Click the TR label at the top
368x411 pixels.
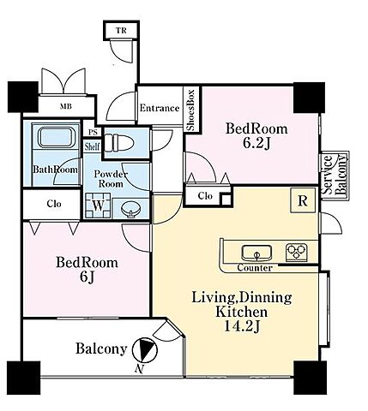click(121, 30)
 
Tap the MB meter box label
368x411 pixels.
click(66, 107)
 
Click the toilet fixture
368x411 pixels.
click(118, 142)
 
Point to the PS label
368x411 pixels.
click(93, 133)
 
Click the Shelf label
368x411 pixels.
click(92, 146)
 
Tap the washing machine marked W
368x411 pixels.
click(98, 205)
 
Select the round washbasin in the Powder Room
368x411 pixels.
click(130, 210)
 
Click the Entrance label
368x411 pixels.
click(160, 108)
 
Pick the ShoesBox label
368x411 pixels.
click(190, 110)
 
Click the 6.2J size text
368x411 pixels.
click(256, 144)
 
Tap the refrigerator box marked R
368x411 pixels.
click(303, 200)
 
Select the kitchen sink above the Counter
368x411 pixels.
click(256, 253)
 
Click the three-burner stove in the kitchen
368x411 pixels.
click(297, 253)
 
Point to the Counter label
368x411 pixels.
click(255, 268)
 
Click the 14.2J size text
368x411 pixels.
click(241, 327)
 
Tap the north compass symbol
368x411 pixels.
click(145, 349)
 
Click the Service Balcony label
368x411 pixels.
click(335, 175)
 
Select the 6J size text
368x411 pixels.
click(87, 277)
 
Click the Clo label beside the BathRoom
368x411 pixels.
click(54, 204)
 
